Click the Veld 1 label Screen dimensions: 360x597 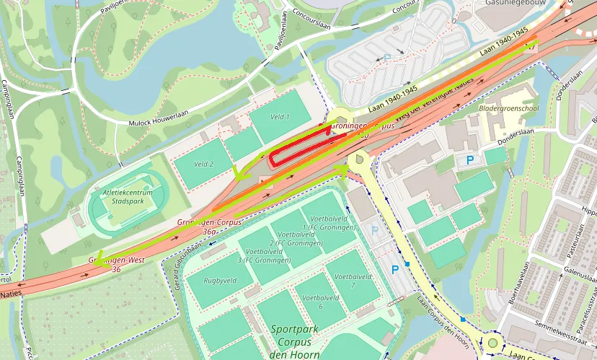tap(279, 116)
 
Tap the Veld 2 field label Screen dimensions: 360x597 tap(203, 164)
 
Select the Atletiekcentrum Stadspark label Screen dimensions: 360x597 tap(127, 197)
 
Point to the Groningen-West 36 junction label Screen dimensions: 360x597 tap(114, 264)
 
